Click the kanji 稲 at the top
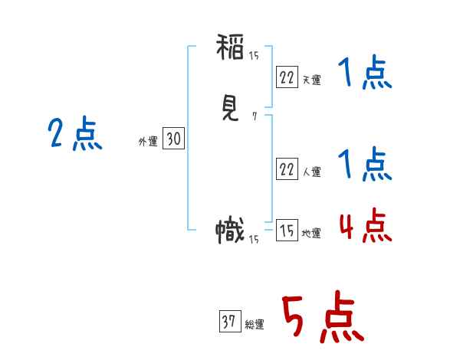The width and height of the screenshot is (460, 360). (230, 51)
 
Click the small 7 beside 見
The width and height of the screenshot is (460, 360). (254, 117)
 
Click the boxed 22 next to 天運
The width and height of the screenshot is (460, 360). (287, 77)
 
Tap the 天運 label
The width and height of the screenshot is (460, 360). (311, 80)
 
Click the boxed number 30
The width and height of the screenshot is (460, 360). (173, 139)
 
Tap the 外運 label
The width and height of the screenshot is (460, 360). (147, 142)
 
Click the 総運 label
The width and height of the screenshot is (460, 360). (254, 325)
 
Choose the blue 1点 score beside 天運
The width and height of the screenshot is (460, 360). (364, 75)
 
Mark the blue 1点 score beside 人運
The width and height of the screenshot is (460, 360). (364, 165)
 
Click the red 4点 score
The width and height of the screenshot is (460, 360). (364, 227)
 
